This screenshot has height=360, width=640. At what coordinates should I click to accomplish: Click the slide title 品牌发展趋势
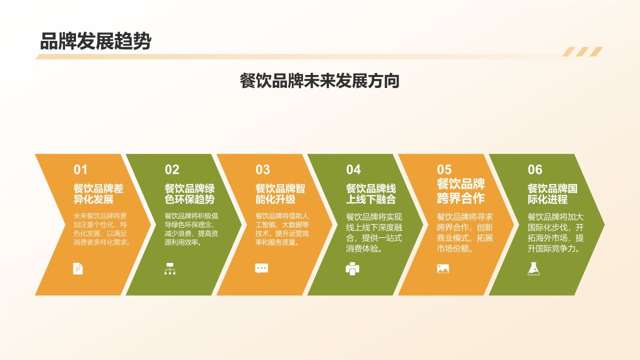click(x=95, y=41)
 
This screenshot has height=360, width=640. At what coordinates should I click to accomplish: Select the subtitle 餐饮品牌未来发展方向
click(x=319, y=81)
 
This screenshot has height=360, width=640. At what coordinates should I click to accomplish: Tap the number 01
click(x=80, y=169)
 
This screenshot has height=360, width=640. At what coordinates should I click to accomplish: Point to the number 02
click(x=172, y=169)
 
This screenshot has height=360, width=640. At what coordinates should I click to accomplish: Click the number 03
click(x=262, y=169)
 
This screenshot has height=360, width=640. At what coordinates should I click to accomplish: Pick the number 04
click(x=353, y=169)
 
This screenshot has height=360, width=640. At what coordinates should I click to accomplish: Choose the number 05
click(x=444, y=169)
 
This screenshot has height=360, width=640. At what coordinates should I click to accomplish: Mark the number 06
click(x=535, y=169)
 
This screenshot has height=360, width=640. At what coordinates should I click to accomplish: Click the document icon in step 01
click(x=78, y=268)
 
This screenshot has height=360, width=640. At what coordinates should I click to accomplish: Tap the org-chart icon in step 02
click(x=170, y=268)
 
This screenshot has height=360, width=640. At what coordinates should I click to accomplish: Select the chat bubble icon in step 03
click(x=261, y=268)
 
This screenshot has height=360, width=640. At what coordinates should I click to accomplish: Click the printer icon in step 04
click(x=352, y=268)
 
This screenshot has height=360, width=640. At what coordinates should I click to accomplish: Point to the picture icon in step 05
click(x=443, y=268)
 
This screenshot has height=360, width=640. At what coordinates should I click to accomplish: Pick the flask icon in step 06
click(x=533, y=268)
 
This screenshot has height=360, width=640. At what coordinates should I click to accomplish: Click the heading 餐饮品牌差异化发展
click(x=98, y=193)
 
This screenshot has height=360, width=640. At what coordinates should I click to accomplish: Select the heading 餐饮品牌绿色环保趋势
click(x=189, y=193)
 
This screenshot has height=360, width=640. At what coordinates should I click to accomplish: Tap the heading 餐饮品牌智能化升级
click(x=280, y=193)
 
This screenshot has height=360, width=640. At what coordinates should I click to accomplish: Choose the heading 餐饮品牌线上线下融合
click(x=371, y=193)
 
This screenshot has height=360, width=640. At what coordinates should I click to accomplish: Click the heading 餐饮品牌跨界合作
click(x=461, y=191)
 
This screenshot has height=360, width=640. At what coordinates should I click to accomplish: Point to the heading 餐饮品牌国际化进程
click(x=552, y=193)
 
